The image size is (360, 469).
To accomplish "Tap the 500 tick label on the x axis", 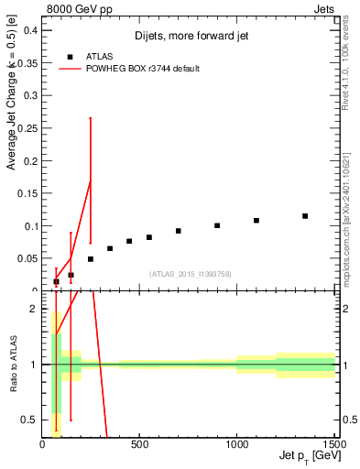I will pyautogui.click(x=139, y=446).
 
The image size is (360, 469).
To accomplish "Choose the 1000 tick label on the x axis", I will pyautogui.click(x=236, y=446).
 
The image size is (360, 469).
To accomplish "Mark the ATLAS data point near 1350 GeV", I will pyautogui.click(x=305, y=216).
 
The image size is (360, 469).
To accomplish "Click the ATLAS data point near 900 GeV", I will pyautogui.click(x=217, y=225).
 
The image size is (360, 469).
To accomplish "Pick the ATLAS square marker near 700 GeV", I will pyautogui.click(x=179, y=231).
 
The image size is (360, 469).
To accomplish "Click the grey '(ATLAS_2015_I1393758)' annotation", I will pyautogui.click(x=190, y=274).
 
